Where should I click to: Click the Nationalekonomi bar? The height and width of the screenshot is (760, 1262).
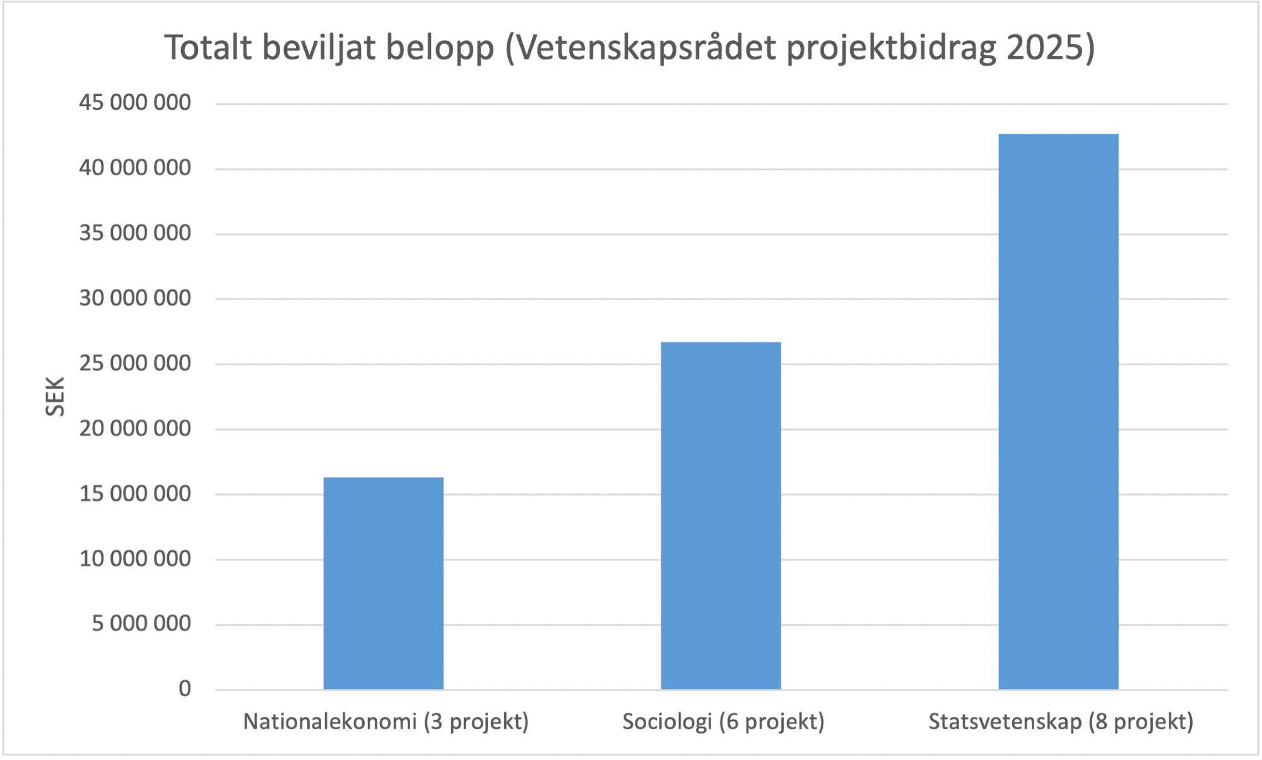point(383,583)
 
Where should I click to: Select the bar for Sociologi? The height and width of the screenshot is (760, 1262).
point(721,515)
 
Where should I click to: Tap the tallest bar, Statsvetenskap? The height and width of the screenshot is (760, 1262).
point(1058,411)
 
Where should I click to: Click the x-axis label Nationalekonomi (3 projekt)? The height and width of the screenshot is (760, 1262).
point(386,722)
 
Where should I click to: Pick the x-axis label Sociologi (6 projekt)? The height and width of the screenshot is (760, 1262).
point(723,722)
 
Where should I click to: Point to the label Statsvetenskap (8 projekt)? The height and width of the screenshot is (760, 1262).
point(1061,722)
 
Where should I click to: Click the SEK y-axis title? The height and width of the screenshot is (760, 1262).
point(56,396)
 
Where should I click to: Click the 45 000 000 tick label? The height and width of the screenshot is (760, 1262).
point(134,102)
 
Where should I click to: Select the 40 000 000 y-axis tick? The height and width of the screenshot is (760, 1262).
point(134,168)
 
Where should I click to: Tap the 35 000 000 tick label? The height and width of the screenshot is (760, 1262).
point(134,233)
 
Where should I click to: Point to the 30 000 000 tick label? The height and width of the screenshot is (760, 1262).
point(134,298)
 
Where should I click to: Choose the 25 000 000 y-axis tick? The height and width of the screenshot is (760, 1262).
point(134,363)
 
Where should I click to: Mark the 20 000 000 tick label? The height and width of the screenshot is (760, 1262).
point(134,429)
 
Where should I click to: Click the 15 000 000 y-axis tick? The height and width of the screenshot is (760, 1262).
point(134,494)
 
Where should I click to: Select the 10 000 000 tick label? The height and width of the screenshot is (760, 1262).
point(134,559)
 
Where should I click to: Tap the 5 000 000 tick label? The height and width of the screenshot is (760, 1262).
point(141,624)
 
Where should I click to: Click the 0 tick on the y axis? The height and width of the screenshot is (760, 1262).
point(184,689)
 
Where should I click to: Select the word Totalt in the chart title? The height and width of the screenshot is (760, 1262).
point(208,48)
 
